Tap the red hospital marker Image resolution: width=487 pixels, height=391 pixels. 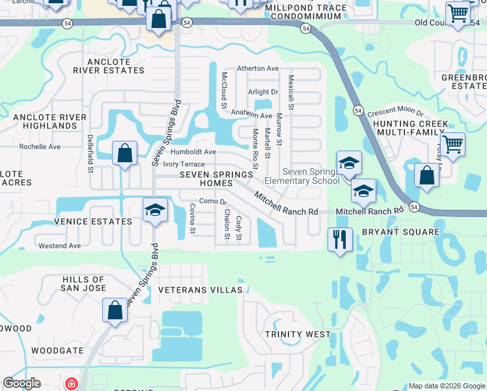click(70, 384)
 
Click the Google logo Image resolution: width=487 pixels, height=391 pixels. click(21, 384)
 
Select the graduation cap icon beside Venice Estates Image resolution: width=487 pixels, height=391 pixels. click(155, 210)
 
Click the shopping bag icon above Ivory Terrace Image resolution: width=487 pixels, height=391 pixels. click(125, 154)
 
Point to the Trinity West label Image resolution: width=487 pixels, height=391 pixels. click(292, 334)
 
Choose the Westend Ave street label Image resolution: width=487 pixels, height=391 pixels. click(60, 246)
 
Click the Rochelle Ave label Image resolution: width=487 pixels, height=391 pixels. click(40, 147)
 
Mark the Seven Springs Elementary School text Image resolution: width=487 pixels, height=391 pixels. click(302, 176)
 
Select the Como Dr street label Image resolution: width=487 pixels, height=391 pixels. click(213, 201)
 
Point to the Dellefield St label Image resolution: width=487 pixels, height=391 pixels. click(90, 154)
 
